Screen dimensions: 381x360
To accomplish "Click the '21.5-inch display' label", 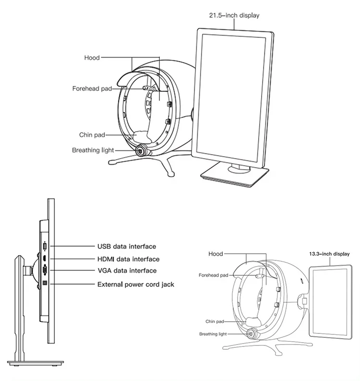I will (234, 15).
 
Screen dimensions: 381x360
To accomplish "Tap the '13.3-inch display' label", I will (329, 254).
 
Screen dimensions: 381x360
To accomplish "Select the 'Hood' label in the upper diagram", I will (92, 58).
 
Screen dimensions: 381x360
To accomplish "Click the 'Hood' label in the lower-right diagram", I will (216, 254).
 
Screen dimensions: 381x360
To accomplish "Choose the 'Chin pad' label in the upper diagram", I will (93, 135).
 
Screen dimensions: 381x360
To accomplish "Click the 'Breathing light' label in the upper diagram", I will (93, 150).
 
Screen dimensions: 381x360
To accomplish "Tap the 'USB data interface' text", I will (127, 246).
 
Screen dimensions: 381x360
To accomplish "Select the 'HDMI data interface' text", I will (128, 259).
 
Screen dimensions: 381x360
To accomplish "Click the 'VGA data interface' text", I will (127, 271).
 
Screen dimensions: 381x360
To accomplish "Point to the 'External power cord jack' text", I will (136, 284).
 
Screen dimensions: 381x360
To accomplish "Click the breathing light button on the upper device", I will (141, 150).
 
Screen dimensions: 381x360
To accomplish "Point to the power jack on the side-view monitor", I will (45, 283).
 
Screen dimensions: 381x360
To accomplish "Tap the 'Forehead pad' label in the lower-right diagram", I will (214, 275).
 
